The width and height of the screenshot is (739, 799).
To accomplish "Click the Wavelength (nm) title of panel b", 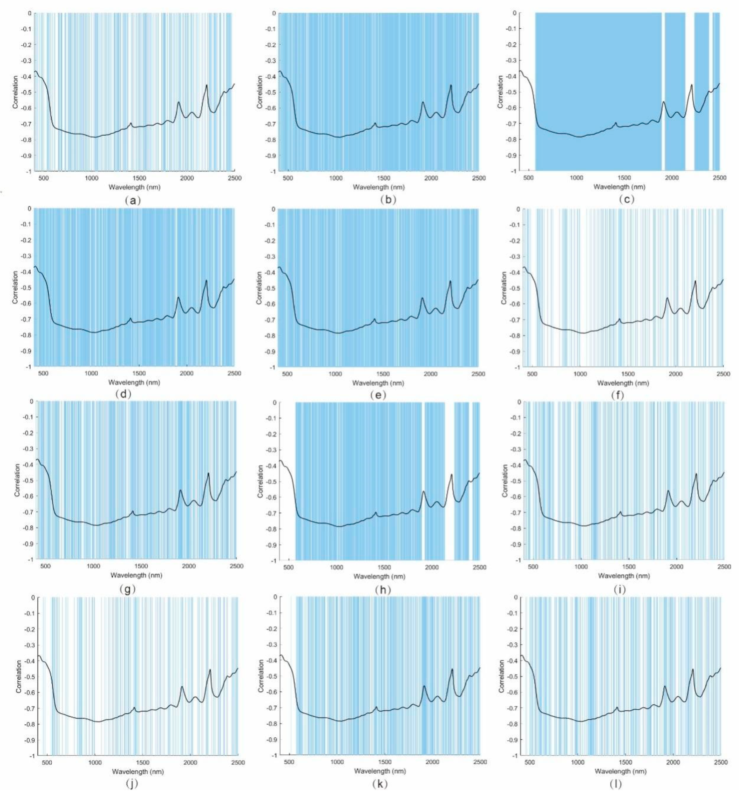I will [379, 187].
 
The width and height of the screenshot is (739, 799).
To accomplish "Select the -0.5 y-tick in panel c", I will [511, 92].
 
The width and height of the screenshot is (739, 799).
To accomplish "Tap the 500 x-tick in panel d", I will [43, 373].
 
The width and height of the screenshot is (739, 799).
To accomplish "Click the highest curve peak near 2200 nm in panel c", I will [691, 85].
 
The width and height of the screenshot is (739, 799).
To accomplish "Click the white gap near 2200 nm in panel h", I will [449, 480].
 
